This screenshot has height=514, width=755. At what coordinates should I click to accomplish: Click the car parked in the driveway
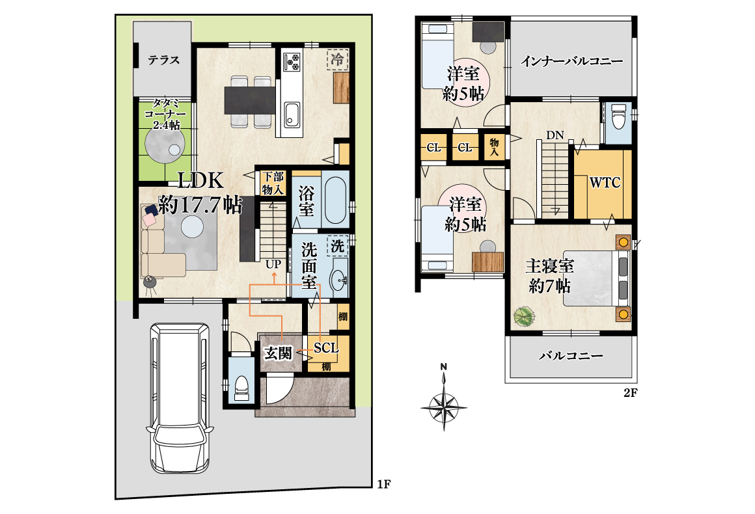coord(180,398)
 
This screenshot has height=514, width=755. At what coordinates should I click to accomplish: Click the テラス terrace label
coord(164,60)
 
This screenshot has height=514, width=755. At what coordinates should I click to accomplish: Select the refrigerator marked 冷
coord(338,60)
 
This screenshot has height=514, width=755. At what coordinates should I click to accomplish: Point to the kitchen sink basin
coord(292,115)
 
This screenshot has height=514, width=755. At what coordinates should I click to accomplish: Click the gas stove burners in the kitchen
coord(292,62)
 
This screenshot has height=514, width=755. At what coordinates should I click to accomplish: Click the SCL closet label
coord(326,347)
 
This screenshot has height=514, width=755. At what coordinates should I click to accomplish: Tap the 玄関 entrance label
coord(279,354)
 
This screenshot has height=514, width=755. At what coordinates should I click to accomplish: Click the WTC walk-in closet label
coord(605,183)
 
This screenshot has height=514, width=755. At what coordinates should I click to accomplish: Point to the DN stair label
coord(555,135)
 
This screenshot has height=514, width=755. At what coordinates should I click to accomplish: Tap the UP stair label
coord(273,264)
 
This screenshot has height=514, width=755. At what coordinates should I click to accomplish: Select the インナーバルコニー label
coord(571,61)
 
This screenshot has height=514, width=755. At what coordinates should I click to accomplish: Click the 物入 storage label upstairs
coord(494,147)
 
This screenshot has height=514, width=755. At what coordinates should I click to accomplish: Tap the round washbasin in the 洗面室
coord(340,279)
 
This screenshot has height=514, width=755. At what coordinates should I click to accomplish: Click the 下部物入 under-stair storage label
coord(273,183)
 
